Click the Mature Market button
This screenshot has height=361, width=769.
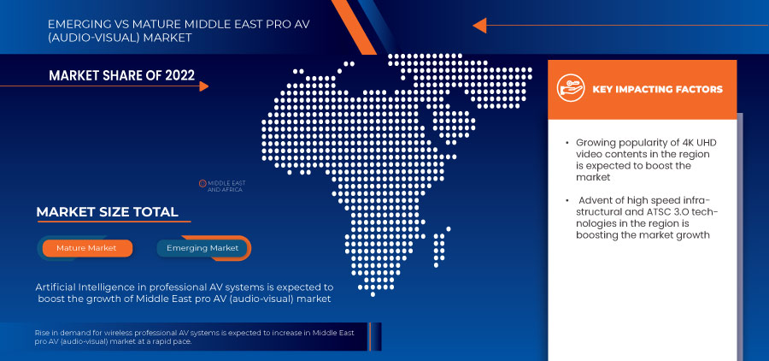pyautogui.click(x=87, y=248)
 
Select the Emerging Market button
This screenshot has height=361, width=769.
pyautogui.click(x=203, y=248)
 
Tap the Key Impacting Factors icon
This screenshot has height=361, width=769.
pyautogui.click(x=569, y=88)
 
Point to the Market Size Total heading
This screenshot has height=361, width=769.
pyautogui.click(x=107, y=212)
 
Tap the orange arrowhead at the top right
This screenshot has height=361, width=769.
pyautogui.click(x=479, y=26)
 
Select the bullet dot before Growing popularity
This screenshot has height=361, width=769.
pyautogui.click(x=566, y=142)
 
